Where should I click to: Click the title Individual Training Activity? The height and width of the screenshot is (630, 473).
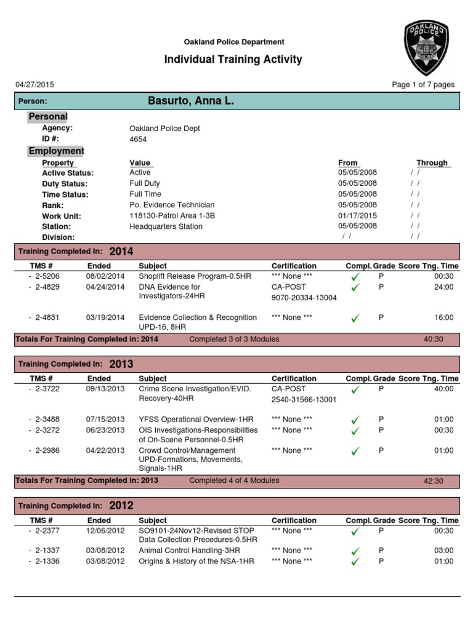click(233, 60)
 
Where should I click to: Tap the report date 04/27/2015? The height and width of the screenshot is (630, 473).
click(34, 85)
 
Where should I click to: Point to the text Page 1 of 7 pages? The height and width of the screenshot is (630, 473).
click(423, 85)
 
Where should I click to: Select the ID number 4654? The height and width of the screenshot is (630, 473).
click(138, 139)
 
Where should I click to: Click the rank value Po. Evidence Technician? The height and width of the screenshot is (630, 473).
click(172, 205)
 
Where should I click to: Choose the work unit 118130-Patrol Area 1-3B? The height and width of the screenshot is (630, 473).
click(172, 216)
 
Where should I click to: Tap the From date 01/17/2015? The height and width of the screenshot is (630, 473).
click(357, 216)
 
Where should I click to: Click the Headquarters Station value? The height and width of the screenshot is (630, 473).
click(166, 226)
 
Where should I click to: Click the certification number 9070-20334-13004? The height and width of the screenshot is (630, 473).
click(304, 298)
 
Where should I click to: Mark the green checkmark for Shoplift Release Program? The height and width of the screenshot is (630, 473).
click(355, 277)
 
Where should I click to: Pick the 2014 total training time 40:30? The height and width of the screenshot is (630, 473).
click(434, 339)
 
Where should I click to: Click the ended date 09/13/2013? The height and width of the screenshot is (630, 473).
click(105, 389)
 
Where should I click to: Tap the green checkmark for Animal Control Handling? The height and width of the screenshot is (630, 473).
click(355, 551)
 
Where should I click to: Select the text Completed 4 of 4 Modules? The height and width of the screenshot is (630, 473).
click(234, 480)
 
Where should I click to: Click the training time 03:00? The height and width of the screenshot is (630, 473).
click(443, 551)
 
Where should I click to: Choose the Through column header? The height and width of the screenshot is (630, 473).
click(432, 163)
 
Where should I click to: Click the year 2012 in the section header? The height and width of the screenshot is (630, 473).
click(121, 506)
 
